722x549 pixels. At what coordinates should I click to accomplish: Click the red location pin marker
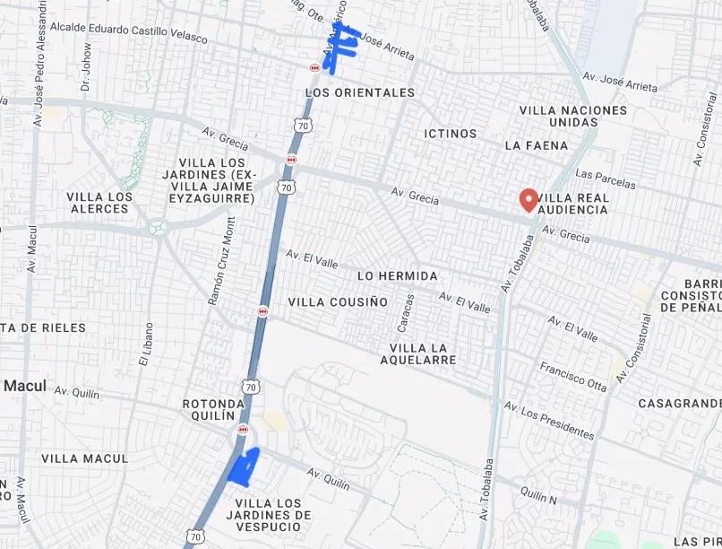pos(529,199)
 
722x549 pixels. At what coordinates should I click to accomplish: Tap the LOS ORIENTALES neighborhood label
pos(360,92)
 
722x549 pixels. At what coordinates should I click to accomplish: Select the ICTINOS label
pos(451,134)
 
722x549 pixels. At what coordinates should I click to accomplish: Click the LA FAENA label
pos(537,145)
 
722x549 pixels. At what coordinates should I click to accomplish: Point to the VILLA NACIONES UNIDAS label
pos(573,116)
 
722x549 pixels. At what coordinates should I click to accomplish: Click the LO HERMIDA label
pos(397,275)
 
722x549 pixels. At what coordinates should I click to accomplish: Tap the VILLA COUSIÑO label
pos(338,302)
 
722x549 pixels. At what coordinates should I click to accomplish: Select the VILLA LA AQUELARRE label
pos(423,353)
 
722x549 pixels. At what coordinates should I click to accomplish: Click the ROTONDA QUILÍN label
pos(213,409)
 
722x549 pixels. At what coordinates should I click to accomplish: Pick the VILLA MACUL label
pos(84,458)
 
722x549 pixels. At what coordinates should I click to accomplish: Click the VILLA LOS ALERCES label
pos(99,203)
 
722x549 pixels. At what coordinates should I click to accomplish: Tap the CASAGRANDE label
pos(679,404)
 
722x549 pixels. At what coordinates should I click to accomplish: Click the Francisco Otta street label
pos(572,377)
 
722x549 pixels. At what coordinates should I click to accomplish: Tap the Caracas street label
pos(408,311)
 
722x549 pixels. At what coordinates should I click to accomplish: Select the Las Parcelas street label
pos(605,179)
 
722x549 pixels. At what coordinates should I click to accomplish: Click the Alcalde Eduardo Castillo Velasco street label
pos(128,32)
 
